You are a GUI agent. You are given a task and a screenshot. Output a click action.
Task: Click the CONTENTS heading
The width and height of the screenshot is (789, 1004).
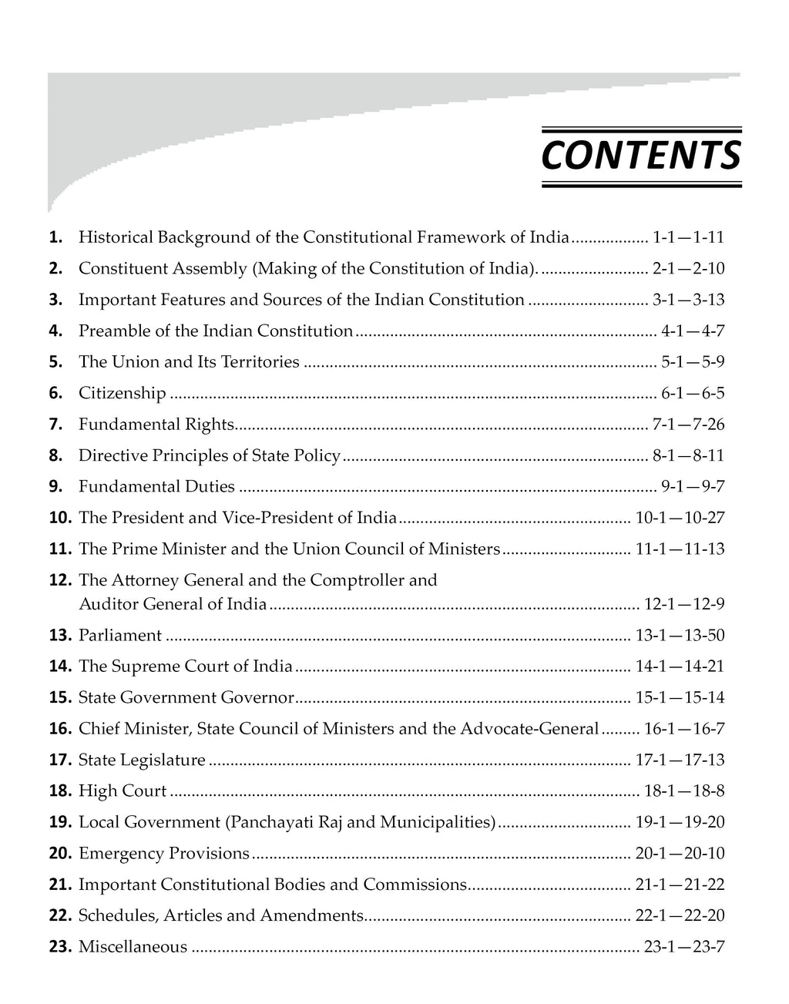coord(641,156)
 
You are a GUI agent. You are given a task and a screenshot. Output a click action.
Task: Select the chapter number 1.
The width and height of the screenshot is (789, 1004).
coord(55,237)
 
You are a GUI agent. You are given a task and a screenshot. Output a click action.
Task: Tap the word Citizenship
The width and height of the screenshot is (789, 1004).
coord(122,394)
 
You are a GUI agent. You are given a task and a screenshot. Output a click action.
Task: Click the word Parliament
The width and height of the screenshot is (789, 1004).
coord(120,636)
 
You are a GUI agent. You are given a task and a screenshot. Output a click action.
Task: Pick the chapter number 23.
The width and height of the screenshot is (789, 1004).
coord(59,947)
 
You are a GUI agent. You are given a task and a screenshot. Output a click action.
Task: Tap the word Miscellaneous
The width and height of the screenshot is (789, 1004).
coord(133,947)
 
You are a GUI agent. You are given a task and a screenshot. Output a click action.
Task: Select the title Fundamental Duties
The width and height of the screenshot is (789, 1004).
coord(156,486)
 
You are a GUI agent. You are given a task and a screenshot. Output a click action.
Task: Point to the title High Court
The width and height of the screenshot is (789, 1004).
coord(123,791)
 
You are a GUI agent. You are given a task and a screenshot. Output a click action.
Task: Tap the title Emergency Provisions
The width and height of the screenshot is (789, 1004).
coord(164,854)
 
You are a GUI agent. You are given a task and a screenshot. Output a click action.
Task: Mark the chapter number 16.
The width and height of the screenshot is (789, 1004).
coord(59,729)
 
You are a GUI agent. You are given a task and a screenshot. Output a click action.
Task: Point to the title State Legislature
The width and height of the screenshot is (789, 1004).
coord(142,761)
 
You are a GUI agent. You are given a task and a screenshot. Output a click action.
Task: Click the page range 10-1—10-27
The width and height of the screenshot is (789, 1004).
coord(680,518)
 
